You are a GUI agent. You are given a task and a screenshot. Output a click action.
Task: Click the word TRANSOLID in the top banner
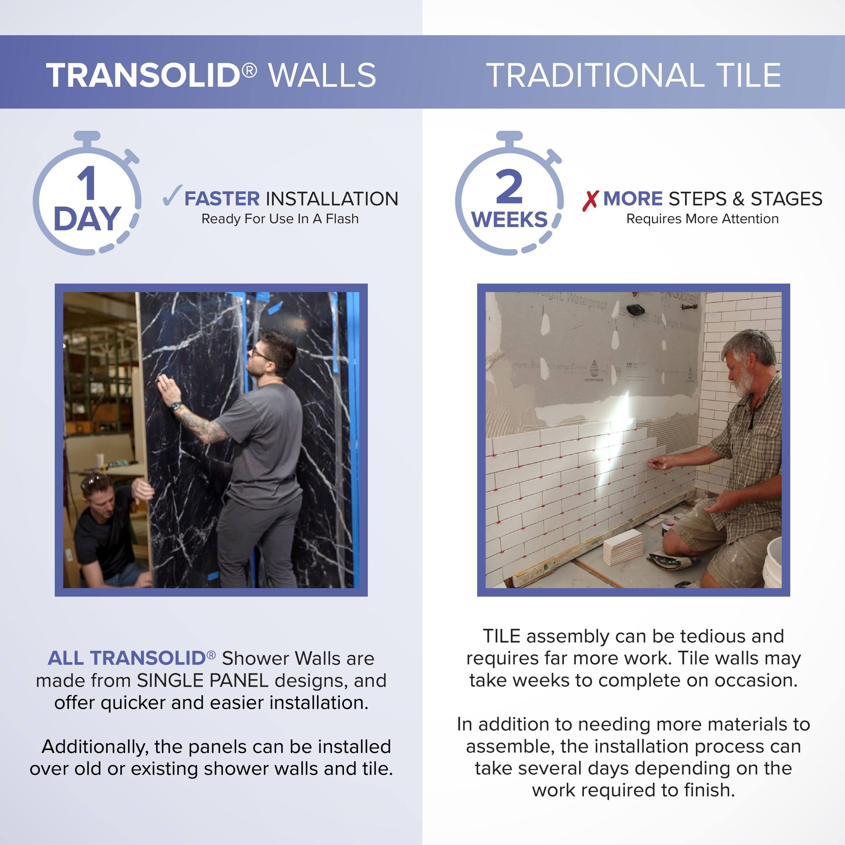point(143,75)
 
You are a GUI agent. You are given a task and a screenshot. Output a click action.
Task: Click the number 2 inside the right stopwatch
point(509,187)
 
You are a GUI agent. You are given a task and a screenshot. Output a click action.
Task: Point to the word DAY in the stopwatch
point(87,219)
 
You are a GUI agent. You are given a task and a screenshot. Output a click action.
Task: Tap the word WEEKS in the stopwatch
point(509,220)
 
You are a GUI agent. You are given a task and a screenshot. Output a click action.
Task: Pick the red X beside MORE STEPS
point(590,200)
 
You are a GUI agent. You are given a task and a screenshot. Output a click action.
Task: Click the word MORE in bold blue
point(632,199)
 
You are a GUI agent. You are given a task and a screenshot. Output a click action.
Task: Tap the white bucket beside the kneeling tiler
point(773,564)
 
